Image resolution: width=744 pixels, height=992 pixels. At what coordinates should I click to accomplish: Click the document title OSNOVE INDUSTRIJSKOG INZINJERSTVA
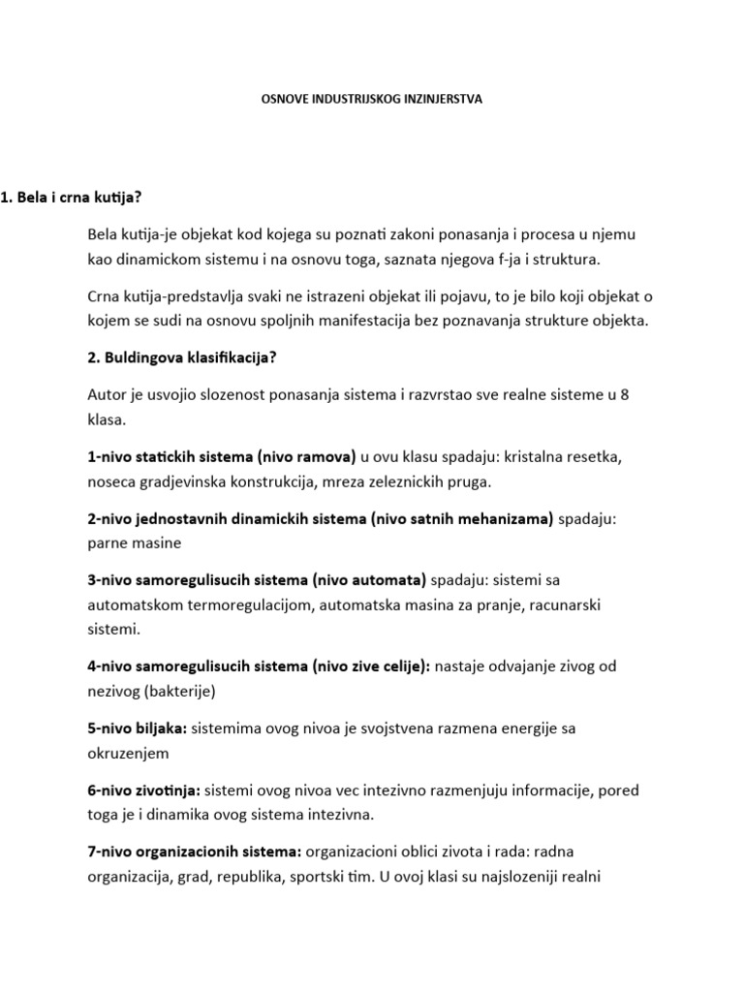pos(373,98)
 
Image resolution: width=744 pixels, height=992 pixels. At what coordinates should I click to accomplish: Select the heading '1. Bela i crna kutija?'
pos(72,198)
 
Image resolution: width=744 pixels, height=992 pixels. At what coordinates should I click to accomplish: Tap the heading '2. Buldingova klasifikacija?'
pos(182,357)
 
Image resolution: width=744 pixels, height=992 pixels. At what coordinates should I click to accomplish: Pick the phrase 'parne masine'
pos(134,543)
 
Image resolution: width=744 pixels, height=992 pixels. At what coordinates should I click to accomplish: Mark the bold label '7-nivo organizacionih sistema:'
pos(195,852)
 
